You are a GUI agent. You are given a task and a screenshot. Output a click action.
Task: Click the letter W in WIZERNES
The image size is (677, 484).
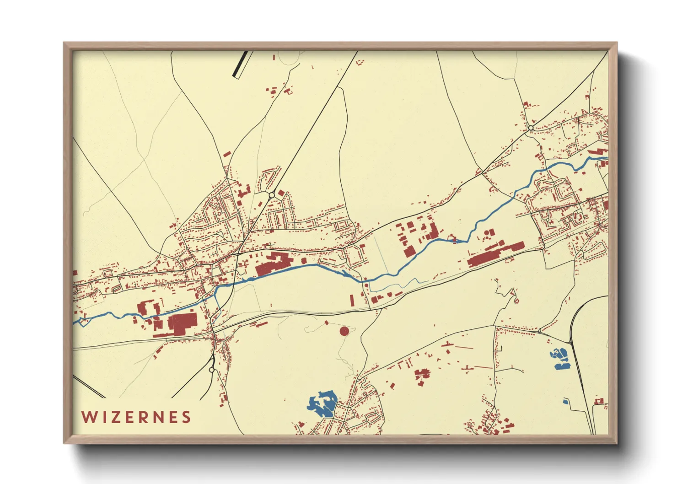click(88, 417)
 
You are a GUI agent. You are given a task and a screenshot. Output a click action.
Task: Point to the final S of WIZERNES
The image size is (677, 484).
click(186, 417)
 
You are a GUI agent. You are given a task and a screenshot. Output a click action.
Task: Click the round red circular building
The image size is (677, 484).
click(344, 331)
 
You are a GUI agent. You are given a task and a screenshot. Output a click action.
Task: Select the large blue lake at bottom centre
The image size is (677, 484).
click(323, 403)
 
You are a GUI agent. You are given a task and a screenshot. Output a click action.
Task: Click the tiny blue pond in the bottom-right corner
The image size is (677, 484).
click(565, 401)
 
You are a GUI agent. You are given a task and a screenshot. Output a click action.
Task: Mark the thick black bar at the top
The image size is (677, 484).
click(241, 64)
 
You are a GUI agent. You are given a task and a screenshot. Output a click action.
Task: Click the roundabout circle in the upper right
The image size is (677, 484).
click(531, 128)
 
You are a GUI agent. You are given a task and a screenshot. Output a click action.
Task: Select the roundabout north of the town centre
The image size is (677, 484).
click(272, 195)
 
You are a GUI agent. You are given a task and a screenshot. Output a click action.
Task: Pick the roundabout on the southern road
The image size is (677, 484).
click(211, 370)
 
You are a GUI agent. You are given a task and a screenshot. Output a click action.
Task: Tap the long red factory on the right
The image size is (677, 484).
click(494, 254)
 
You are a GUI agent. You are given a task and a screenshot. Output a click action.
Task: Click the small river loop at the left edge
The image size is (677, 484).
click(82, 322)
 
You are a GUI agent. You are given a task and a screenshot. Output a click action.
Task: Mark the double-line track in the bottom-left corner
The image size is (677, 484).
click(89, 386)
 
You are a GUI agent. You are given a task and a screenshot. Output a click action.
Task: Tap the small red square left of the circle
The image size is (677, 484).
click(327, 323)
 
